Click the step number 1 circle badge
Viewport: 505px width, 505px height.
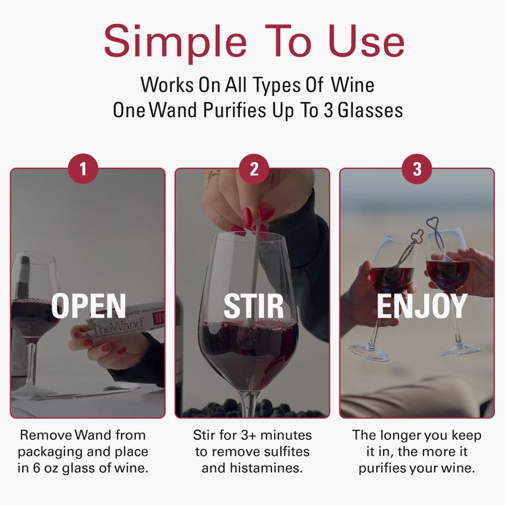tap(84, 169)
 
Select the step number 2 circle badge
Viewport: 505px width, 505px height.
tap(254, 169)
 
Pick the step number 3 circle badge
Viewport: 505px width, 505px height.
tap(417, 169)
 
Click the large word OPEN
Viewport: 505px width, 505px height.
tap(88, 306)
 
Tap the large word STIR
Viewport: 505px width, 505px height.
tap(253, 306)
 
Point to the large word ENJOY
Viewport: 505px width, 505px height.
tap(422, 306)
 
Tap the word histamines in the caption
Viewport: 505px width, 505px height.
tap(264, 468)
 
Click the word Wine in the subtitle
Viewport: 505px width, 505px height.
tap(357, 84)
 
